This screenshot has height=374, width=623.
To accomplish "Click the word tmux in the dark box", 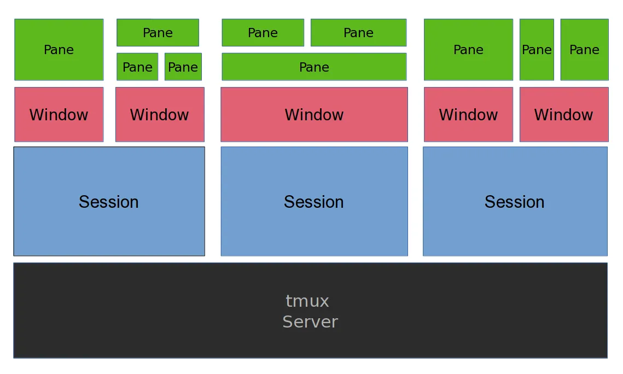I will tap(307, 301).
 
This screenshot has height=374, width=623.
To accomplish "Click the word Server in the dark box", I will tap(310, 322).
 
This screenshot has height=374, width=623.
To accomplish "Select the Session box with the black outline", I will tap(109, 201).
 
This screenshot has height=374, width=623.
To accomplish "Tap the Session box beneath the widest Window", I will tap(314, 201).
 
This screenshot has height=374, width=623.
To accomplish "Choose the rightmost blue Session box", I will tap(515, 201).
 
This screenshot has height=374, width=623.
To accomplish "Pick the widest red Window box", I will tap(314, 114).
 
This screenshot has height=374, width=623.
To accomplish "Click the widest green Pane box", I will tap(314, 67).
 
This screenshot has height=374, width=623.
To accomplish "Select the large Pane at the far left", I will tap(59, 50).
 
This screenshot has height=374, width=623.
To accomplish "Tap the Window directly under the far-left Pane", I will tap(59, 114).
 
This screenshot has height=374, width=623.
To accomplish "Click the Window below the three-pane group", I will tap(160, 114).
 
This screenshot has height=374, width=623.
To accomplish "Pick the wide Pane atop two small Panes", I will tap(158, 33).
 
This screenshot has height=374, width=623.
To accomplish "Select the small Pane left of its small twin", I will tap(137, 67).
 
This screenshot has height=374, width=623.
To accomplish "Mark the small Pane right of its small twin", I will tap(183, 67).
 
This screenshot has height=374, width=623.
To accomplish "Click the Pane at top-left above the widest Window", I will tap(263, 33).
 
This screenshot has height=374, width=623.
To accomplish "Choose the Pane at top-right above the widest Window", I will tap(358, 33).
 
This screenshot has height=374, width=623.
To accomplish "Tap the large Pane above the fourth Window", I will tap(468, 50).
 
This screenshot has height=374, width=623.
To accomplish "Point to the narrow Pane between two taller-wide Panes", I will tap(536, 50).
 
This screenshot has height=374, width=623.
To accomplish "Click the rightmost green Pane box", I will tap(584, 50).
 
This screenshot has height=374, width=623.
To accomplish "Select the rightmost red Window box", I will tap(563, 114).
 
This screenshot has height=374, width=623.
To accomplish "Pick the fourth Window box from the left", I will tap(468, 114).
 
